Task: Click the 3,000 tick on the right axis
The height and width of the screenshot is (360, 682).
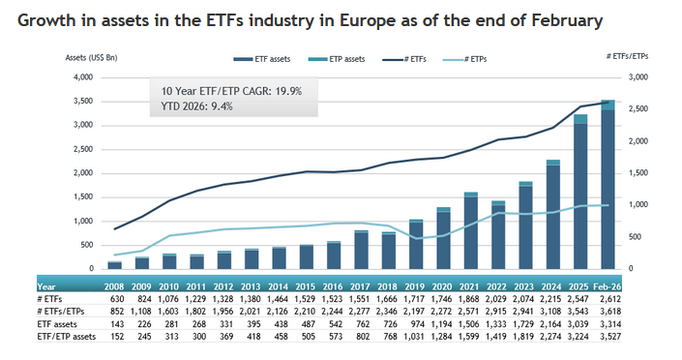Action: pyautogui.click(x=639, y=77)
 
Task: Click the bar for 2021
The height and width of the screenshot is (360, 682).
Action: pyautogui.click(x=470, y=232)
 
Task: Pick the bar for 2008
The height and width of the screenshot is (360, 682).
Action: pyautogui.click(x=114, y=264)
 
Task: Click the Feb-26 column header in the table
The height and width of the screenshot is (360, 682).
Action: pyautogui.click(x=608, y=287)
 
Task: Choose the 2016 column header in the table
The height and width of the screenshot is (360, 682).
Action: pyautogui.click(x=333, y=287)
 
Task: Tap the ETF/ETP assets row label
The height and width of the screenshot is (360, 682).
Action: pyautogui.click(x=66, y=336)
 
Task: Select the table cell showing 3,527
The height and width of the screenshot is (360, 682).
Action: pyautogui.click(x=608, y=336)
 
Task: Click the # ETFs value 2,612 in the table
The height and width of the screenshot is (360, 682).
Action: pyautogui.click(x=608, y=300)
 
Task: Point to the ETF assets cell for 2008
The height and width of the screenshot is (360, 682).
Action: pyautogui.click(x=115, y=324)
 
